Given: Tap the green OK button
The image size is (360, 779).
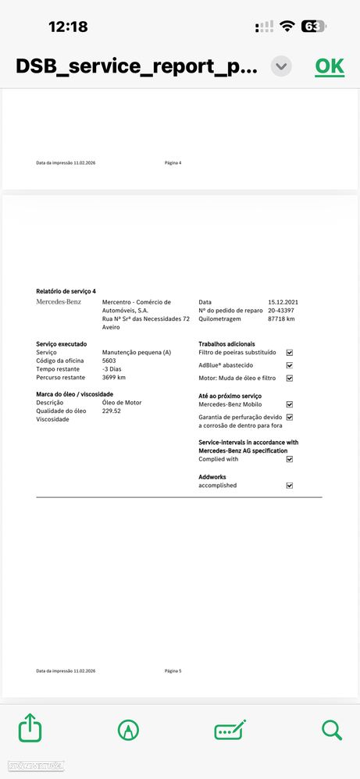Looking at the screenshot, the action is pyautogui.click(x=329, y=66).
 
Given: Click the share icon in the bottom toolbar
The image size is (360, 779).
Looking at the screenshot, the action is pyautogui.click(x=30, y=729).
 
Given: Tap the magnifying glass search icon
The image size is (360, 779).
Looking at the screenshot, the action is pyautogui.click(x=332, y=729).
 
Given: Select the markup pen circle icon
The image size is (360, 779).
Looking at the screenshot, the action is pyautogui.click(x=128, y=730).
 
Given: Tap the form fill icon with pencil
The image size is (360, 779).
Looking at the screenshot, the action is pyautogui.click(x=230, y=730).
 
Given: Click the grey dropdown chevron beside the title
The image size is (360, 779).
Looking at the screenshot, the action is pyautogui.click(x=281, y=66).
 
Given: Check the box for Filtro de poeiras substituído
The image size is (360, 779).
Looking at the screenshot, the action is pyautogui.click(x=290, y=353).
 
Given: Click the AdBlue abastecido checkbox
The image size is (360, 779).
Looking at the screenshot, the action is pyautogui.click(x=290, y=365).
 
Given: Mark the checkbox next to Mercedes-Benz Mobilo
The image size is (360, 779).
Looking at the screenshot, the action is pyautogui.click(x=290, y=404).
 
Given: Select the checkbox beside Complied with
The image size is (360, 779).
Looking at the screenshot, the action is pyautogui.click(x=290, y=459).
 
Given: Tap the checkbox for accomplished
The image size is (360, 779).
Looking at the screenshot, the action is pyautogui.click(x=290, y=486).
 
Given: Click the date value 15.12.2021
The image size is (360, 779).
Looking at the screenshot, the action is pyautogui.click(x=283, y=302).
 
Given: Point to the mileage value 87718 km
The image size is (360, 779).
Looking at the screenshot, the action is pyautogui.click(x=281, y=318).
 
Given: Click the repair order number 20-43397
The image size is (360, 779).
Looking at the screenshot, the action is pyautogui.click(x=281, y=311).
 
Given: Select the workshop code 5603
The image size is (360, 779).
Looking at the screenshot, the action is pyautogui.click(x=109, y=361).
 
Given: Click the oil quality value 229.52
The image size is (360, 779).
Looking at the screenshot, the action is pyautogui.click(x=112, y=411).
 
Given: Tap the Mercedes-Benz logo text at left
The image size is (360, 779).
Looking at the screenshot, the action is pyautogui.click(x=59, y=302).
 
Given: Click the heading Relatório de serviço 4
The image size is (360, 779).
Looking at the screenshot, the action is pyautogui.click(x=66, y=291).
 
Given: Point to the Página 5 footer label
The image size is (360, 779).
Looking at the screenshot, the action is pyautogui.click(x=173, y=671).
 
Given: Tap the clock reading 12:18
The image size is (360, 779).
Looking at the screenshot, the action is pyautogui.click(x=68, y=27).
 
